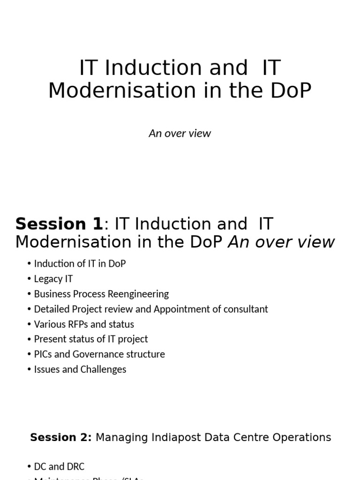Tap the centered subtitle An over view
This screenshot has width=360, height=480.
180,133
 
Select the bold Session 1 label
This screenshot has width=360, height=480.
59,224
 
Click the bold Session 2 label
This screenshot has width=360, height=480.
60,437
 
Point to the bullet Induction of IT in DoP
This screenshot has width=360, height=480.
80,263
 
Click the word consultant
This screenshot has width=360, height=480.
245,309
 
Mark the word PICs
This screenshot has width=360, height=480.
43,354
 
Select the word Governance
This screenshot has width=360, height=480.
99,354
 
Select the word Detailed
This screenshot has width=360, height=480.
51,309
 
